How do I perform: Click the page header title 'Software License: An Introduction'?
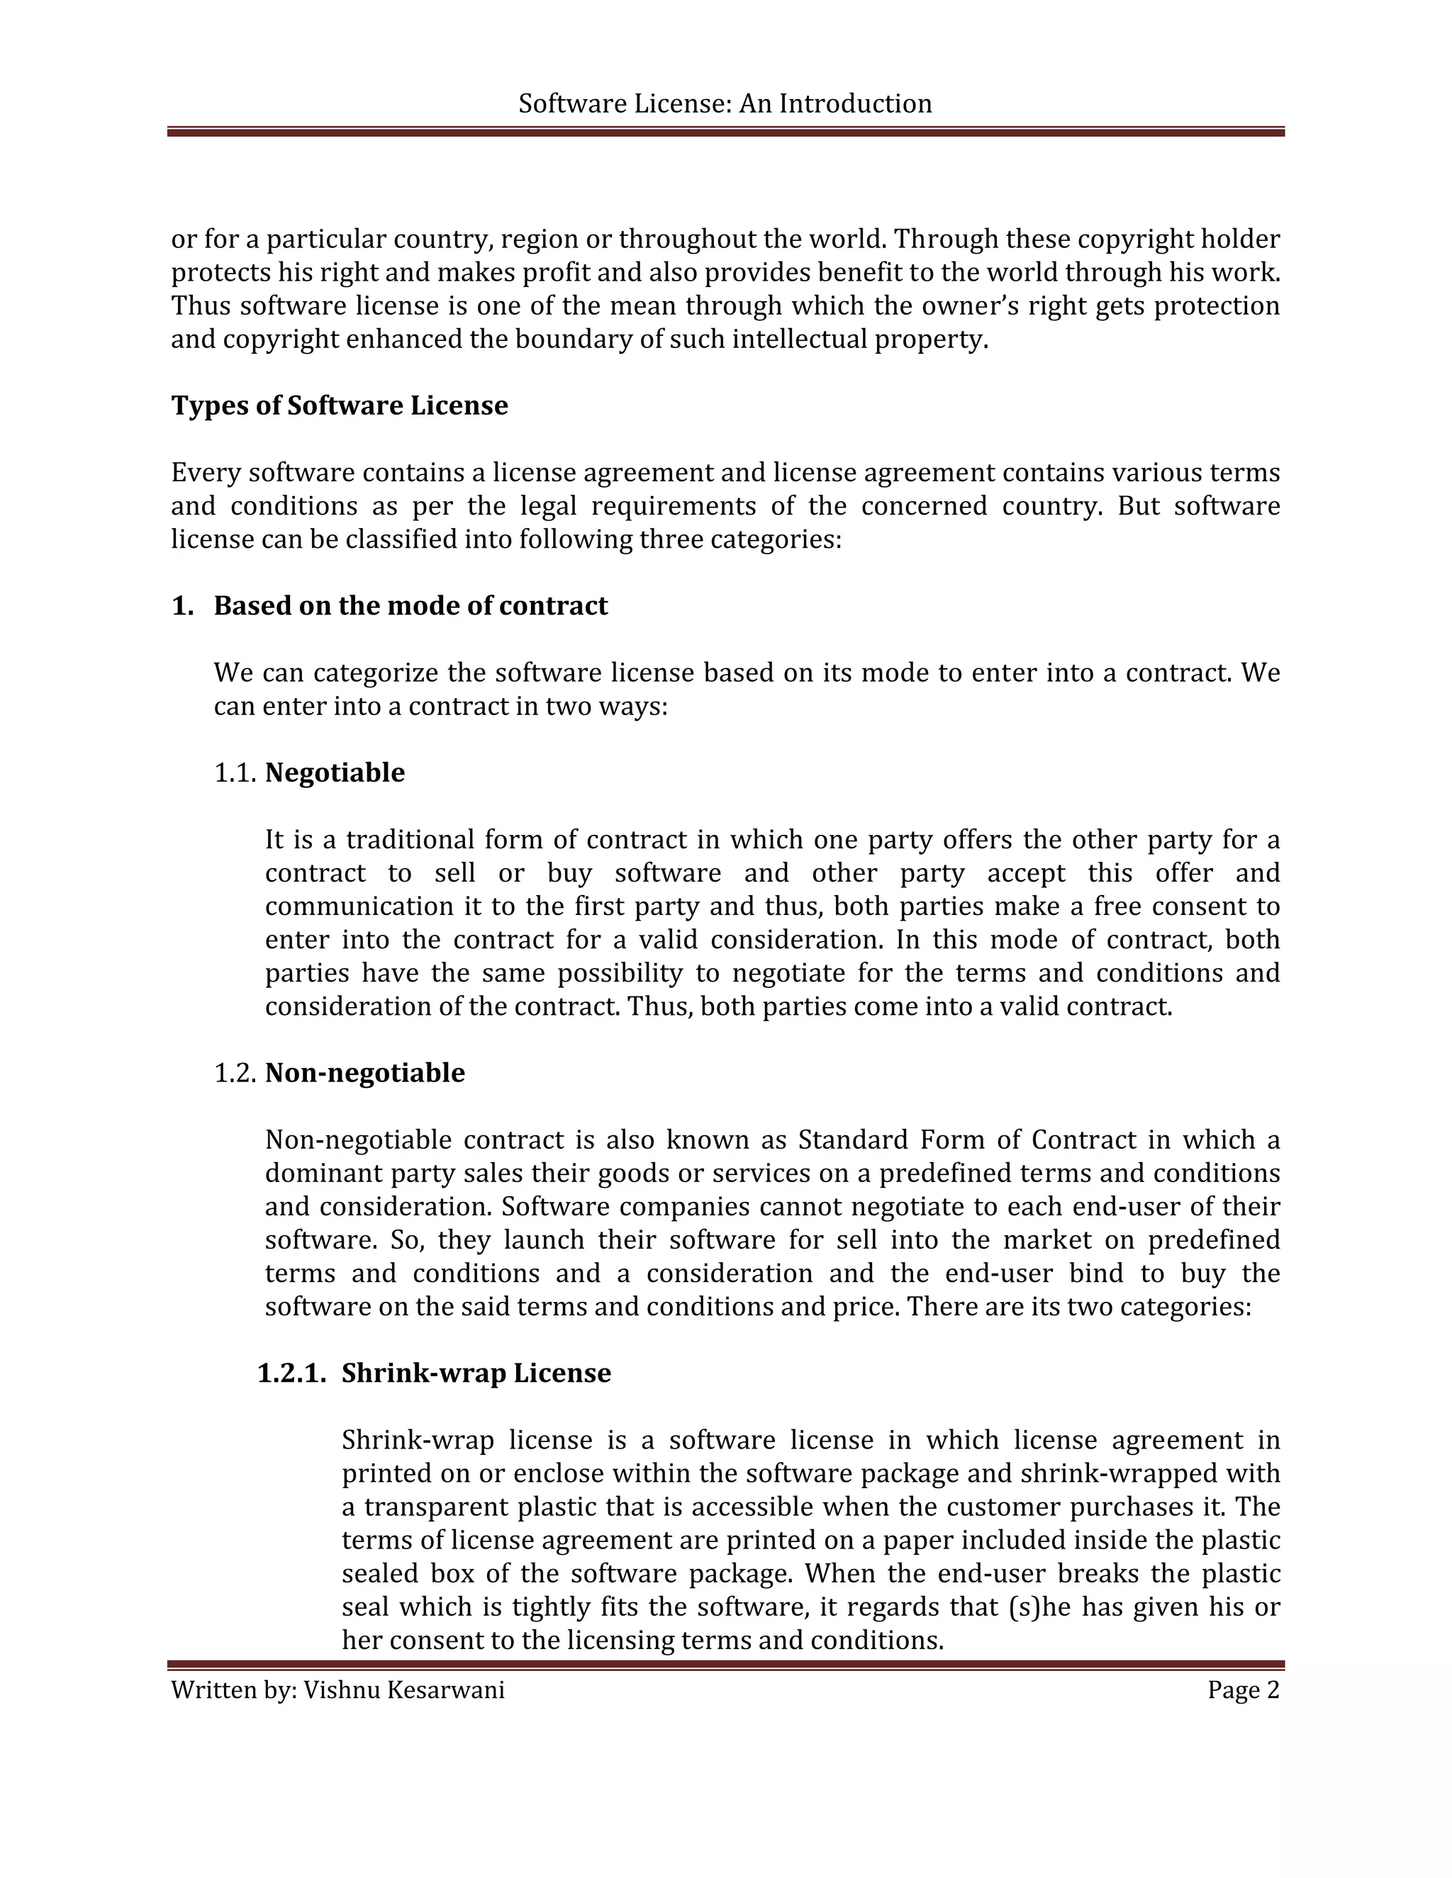pyautogui.click(x=725, y=104)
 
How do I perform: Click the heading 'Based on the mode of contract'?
pyautogui.click(x=411, y=605)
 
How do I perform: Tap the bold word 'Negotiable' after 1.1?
pyautogui.click(x=335, y=772)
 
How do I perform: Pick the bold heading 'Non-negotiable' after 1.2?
pyautogui.click(x=364, y=1072)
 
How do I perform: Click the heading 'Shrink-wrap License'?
pyautogui.click(x=476, y=1373)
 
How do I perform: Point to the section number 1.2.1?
pyautogui.click(x=291, y=1373)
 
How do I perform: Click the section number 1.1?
pyautogui.click(x=235, y=772)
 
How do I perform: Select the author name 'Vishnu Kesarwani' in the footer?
pyautogui.click(x=403, y=1689)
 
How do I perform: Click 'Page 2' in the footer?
pyautogui.click(x=1243, y=1689)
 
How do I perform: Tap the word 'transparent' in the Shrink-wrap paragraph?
pyautogui.click(x=437, y=1507)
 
